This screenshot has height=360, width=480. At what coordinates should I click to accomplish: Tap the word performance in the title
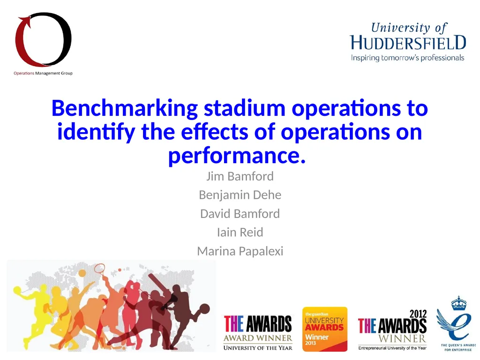pos(236,156)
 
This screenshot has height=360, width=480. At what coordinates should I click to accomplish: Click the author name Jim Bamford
pos(240,177)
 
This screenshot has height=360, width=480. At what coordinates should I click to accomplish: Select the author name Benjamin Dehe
pos(240,195)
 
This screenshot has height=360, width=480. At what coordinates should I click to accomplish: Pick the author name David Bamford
pos(240,214)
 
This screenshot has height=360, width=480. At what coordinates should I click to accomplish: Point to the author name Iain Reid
pos(240,232)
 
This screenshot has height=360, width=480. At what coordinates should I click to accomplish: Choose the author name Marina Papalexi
pos(240,251)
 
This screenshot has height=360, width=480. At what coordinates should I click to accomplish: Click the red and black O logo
pos(43,40)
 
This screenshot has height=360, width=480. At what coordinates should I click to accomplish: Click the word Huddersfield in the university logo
pos(408,43)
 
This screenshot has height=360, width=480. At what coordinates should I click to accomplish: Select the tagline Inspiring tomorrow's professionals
pos(408,58)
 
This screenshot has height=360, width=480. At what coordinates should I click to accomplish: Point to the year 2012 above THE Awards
pos(418,314)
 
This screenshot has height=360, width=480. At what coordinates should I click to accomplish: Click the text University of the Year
pos(258,347)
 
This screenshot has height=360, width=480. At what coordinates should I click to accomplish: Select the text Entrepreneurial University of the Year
pos(392,348)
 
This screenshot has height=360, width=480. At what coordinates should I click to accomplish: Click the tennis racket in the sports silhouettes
pos(99,270)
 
